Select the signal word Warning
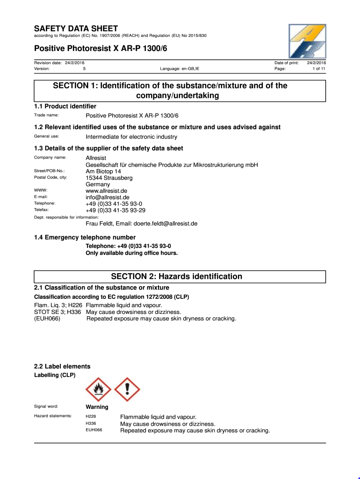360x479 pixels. [97, 407]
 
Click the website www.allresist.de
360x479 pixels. [106, 191]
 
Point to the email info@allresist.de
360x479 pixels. [108, 197]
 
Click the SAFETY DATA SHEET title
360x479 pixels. [76, 29]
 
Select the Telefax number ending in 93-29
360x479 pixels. [115, 210]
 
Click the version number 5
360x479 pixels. [84, 69]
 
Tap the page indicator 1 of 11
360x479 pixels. [319, 69]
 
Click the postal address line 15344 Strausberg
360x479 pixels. [109, 178]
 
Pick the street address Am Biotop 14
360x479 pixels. [103, 171]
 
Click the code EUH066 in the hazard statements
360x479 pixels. [94, 430]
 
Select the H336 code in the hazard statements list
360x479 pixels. [91, 423]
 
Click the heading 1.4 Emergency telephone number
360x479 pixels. [85, 237]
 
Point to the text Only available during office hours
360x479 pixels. [132, 253]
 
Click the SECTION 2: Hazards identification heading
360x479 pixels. [176, 276]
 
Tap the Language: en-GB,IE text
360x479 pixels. [180, 69]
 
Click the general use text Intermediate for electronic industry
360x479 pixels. [131, 137]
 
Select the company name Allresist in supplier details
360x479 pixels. [96, 158]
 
